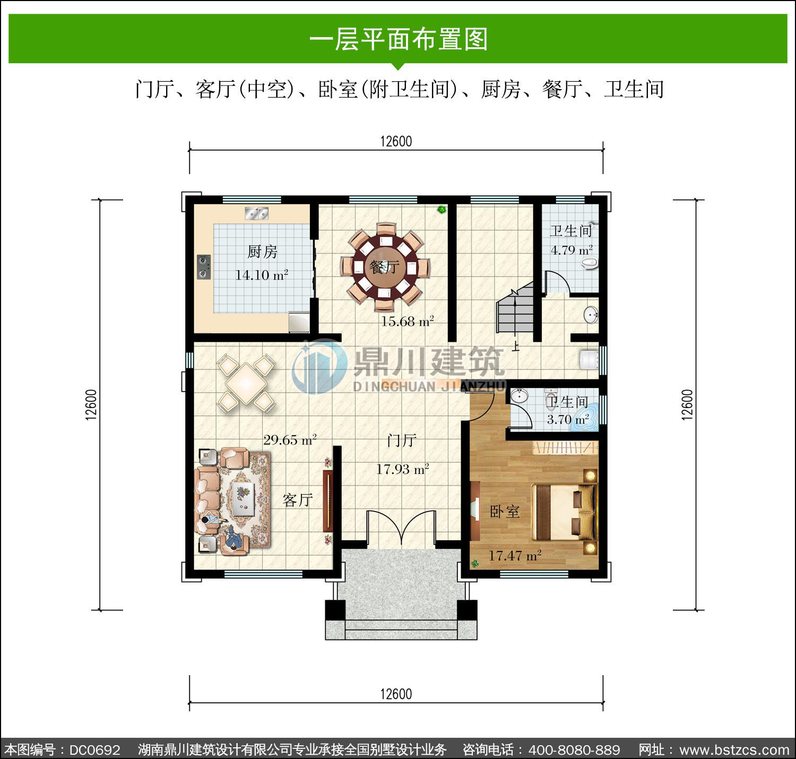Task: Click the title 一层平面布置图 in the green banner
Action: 399,39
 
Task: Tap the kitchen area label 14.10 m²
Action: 262,275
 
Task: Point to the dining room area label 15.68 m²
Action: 408,321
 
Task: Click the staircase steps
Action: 515,310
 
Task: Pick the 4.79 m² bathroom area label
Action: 572,250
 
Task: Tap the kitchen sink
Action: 256,213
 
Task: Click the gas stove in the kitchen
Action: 204,267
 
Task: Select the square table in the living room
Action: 246,383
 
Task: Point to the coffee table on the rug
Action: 244,498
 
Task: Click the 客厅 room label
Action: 298,500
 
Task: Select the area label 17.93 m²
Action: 402,469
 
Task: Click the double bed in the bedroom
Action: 565,512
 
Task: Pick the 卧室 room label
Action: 505,512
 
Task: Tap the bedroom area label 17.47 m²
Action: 515,555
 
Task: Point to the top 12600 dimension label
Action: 396,141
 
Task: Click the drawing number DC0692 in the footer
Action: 95,749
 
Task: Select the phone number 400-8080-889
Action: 574,749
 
